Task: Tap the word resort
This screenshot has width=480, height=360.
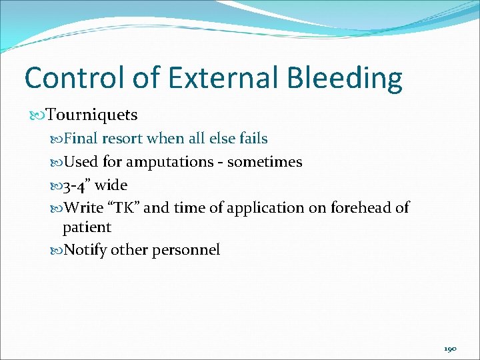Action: (121, 139)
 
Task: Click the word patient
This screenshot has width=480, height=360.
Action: (87, 227)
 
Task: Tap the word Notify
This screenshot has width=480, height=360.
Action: (85, 250)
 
